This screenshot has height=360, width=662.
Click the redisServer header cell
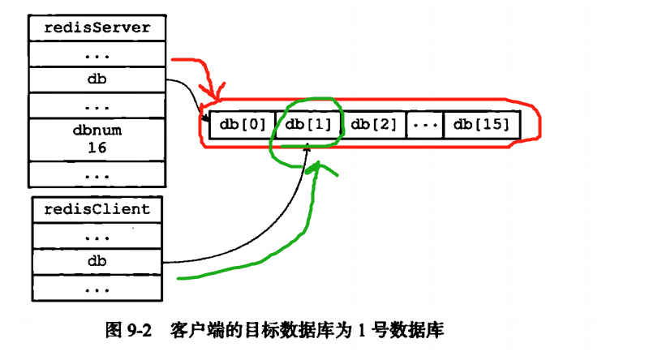(97, 28)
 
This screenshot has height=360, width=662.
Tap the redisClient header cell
(97, 209)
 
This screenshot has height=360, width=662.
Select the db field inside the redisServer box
(97, 80)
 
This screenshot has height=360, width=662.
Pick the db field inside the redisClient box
(97, 261)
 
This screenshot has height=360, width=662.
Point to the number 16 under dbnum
(97, 148)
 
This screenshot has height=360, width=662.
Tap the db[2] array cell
(375, 125)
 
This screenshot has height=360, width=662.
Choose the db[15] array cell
(481, 125)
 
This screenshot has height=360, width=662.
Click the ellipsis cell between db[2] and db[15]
(424, 125)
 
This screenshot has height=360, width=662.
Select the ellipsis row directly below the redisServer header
(97, 54)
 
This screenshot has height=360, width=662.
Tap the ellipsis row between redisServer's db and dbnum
(97, 106)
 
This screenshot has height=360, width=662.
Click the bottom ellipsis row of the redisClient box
(97, 287)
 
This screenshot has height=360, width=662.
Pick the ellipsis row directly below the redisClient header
(97, 235)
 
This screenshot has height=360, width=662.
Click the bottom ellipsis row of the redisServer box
(97, 174)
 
